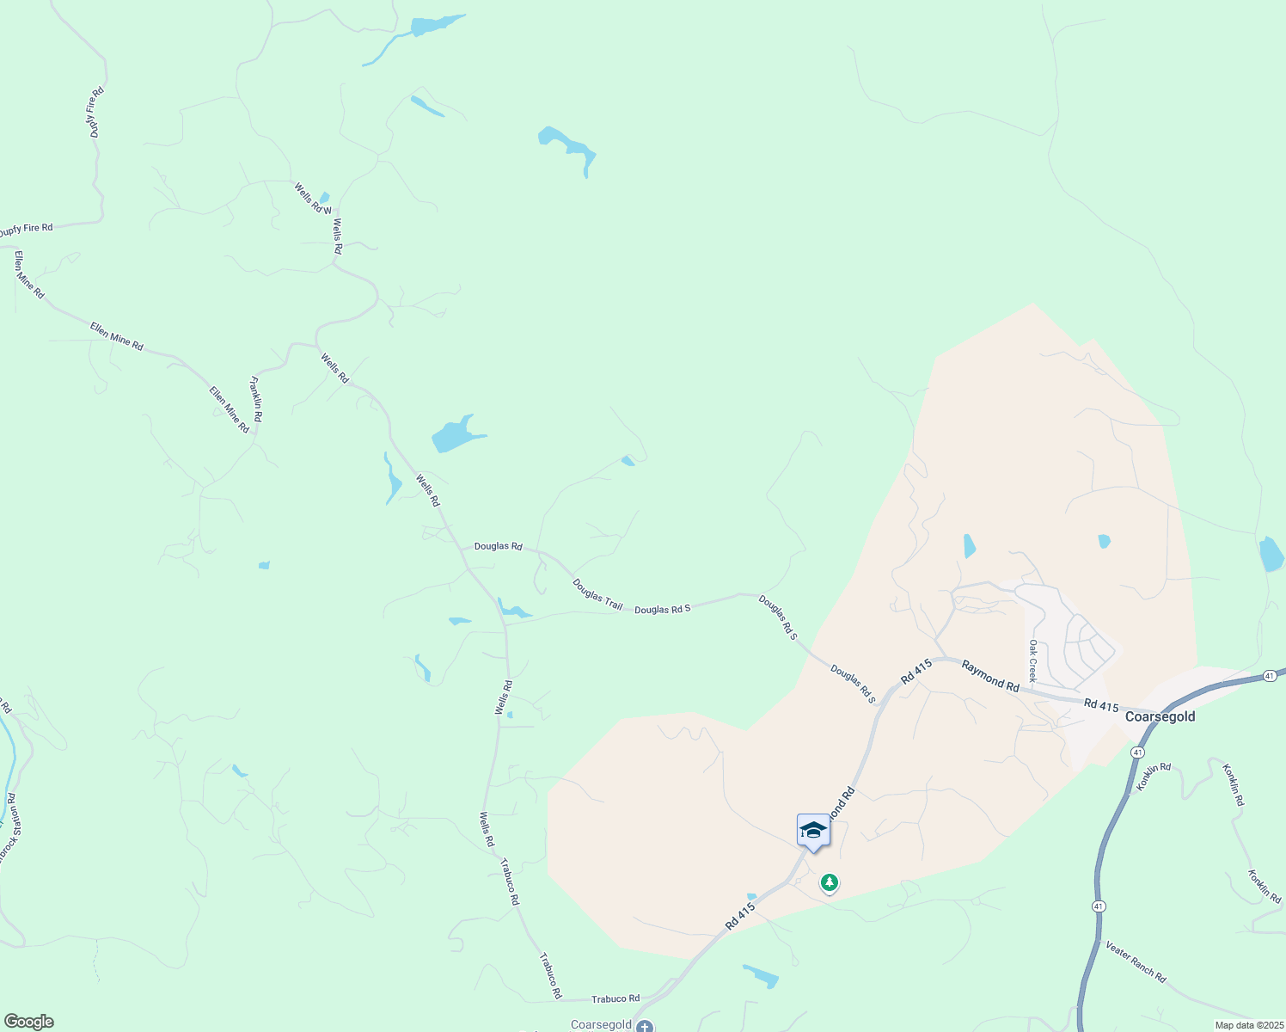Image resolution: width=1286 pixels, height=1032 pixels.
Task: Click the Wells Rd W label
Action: tap(312, 198)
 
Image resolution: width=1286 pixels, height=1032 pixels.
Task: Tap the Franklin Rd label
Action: tap(256, 398)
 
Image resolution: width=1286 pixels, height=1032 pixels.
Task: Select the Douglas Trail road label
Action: tap(597, 594)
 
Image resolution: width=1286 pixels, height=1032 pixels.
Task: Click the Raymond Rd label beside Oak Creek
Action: tap(990, 675)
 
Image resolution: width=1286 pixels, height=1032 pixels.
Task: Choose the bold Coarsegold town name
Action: tap(1160, 716)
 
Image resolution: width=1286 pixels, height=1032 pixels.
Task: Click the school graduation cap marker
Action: tap(813, 831)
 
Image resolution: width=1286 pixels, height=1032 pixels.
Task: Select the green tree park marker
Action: tap(830, 882)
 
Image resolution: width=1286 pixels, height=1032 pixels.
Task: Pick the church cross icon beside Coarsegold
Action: tap(645, 1025)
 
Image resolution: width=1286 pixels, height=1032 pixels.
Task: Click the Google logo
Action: tap(28, 1022)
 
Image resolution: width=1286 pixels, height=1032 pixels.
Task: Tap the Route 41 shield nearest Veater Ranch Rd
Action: tap(1099, 906)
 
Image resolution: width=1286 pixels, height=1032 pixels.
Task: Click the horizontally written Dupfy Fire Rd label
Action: tap(26, 230)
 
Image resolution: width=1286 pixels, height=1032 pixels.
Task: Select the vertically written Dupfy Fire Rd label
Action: tap(95, 112)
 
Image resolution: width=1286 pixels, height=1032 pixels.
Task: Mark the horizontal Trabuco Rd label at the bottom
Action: tap(615, 998)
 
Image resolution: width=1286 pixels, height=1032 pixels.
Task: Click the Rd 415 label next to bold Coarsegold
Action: tap(1101, 705)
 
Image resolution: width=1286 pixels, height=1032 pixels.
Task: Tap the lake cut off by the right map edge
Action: tap(1271, 554)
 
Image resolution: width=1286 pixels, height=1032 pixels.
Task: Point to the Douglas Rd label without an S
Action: tap(498, 546)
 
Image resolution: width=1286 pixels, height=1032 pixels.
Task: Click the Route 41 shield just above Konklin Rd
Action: tap(1137, 752)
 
